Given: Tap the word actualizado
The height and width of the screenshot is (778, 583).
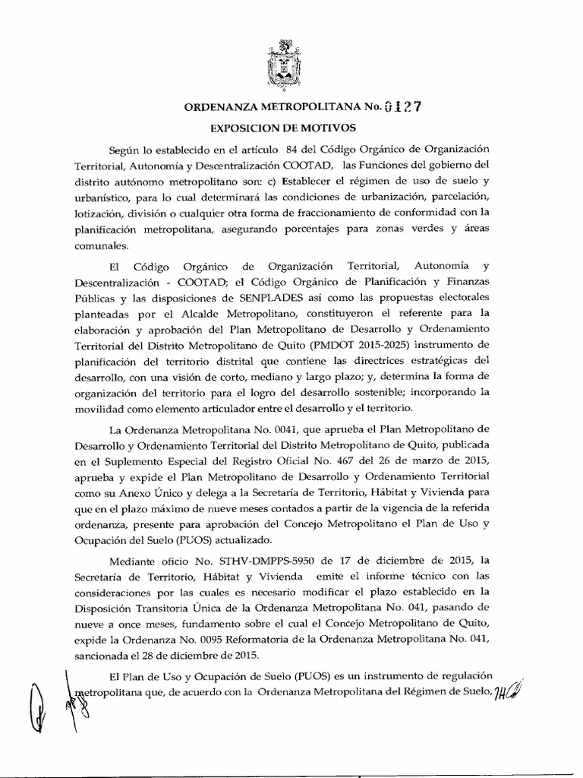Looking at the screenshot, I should point(237,541).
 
